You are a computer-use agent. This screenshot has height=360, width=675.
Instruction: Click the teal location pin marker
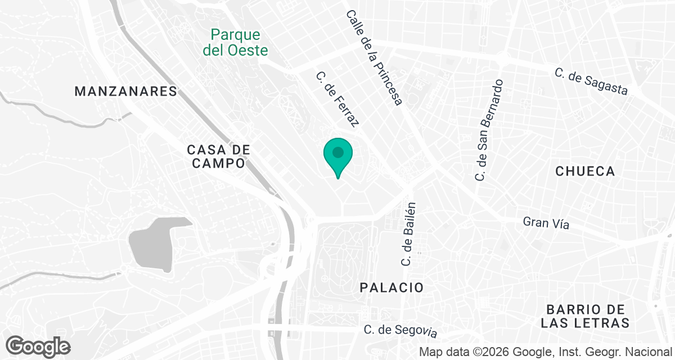337,155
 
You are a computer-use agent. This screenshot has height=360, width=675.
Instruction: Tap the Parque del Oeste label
235,43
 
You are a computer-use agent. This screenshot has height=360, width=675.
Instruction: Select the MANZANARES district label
125,91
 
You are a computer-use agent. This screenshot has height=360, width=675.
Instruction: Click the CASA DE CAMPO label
218,156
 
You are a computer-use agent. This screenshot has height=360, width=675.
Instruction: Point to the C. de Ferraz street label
337,100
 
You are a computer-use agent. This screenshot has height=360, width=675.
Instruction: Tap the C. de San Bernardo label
488,130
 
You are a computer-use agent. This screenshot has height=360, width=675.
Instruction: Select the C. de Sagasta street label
591,82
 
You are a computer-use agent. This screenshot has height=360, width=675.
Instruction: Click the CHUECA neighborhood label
585,172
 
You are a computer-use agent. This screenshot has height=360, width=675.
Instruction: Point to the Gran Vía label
546,223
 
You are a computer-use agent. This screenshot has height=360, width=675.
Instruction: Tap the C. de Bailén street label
408,233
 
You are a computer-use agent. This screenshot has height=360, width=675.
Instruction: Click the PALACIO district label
391,287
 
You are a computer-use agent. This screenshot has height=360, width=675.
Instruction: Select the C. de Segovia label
400,331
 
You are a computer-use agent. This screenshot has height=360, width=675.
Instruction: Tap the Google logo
38,346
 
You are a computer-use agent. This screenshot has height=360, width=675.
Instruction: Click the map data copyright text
548,352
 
